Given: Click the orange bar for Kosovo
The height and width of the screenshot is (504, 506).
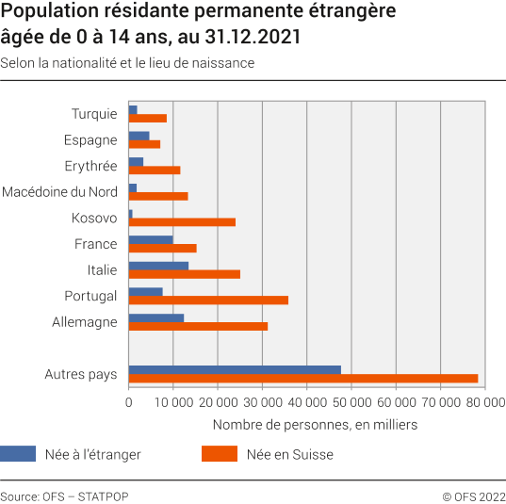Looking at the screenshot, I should tap(182, 222).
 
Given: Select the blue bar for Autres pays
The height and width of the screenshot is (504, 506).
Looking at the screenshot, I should tap(235, 369).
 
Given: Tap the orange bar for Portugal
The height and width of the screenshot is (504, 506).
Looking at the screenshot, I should tap(208, 301).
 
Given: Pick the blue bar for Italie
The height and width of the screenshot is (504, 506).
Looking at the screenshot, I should tap(158, 266).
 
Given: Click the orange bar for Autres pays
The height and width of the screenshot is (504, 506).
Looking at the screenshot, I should tap(303, 379).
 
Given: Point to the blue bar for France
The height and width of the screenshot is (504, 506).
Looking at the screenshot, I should tap(151, 239).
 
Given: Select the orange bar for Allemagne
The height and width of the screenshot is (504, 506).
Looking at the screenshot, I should tap(198, 327).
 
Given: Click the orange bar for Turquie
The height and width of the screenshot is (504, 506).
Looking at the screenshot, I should tap(148, 118).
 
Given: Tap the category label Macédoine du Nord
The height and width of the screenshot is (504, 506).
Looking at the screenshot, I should tap(59, 192).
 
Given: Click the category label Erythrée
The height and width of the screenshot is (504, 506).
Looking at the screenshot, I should tap(90, 166).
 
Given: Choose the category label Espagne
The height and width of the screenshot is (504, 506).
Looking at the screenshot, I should tap(91, 140).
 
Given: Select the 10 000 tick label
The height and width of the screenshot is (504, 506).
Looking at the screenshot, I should tap(173, 401).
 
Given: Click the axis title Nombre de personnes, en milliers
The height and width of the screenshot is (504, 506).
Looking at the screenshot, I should tap(315, 425).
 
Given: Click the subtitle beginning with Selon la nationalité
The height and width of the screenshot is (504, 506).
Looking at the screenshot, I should tap(127, 63).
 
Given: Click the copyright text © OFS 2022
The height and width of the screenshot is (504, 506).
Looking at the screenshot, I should tap(474, 496).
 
